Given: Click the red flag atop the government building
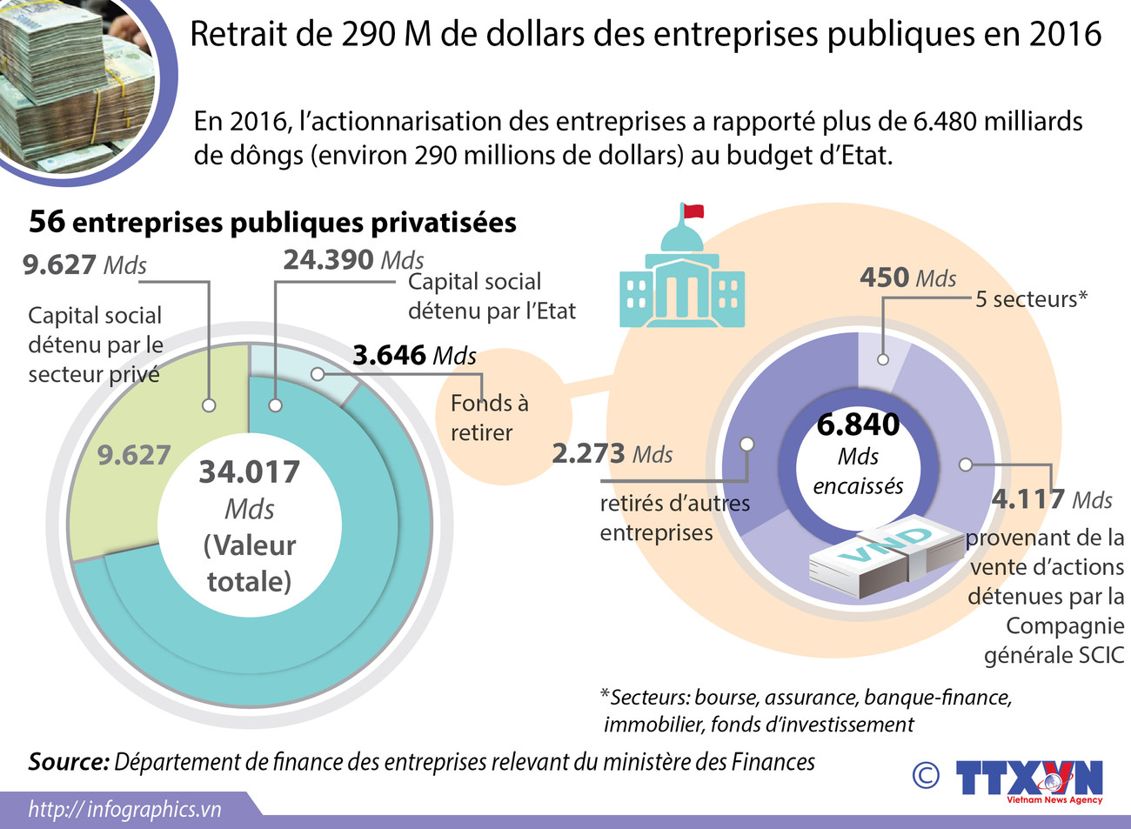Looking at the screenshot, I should click(x=693, y=211).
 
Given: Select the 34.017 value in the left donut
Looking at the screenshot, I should click(x=250, y=472).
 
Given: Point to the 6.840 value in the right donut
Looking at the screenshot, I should click(x=858, y=425).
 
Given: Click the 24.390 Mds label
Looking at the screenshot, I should click(x=353, y=259).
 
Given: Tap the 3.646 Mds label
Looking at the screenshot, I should click(x=414, y=355).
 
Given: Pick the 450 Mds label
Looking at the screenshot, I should click(x=907, y=277).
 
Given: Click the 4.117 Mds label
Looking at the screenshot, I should click(x=1052, y=499).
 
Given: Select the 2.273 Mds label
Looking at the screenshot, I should click(x=612, y=453).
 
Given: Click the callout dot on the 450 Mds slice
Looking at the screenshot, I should click(x=883, y=359).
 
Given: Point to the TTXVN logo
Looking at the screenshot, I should click(x=1028, y=779).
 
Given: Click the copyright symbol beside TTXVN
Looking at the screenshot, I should click(x=926, y=775).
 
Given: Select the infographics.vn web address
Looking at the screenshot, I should click(x=125, y=809).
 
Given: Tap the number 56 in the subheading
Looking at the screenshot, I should click(x=47, y=222).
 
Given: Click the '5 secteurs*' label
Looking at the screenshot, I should click(x=1031, y=299).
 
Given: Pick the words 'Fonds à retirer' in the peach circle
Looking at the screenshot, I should click(x=489, y=418).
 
